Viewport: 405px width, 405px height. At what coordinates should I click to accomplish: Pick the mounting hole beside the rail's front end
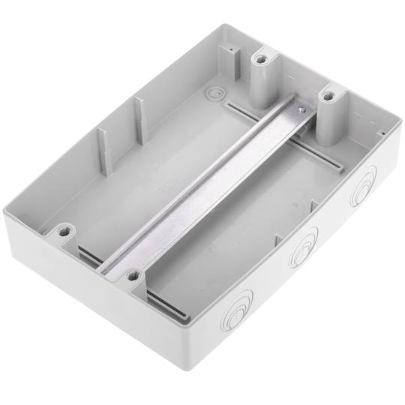133,276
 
